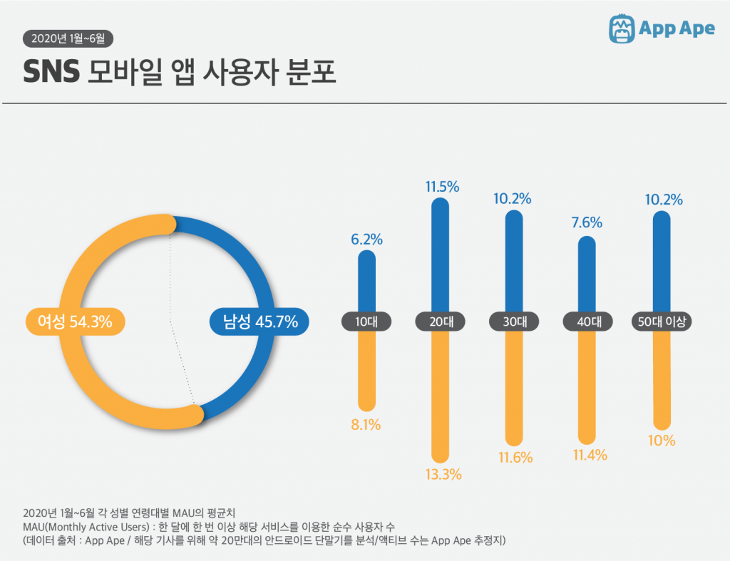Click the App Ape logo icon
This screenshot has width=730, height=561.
point(622,28)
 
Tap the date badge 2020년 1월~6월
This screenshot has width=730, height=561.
point(68,38)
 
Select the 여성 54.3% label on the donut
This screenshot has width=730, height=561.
point(75,321)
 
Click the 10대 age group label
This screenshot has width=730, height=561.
point(366,321)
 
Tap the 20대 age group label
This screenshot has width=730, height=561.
point(441,321)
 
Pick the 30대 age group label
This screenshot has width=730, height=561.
point(514,321)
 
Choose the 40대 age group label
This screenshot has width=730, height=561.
point(587,321)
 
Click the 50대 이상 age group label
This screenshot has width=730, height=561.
point(663,321)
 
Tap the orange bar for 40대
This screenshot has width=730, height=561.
point(587,385)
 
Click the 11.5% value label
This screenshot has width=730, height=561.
point(442,187)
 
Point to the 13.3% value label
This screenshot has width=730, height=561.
point(442,474)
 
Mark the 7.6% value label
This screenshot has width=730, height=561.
point(587,223)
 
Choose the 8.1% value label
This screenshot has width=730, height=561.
point(366,425)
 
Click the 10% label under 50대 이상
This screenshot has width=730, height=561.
point(662,441)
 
